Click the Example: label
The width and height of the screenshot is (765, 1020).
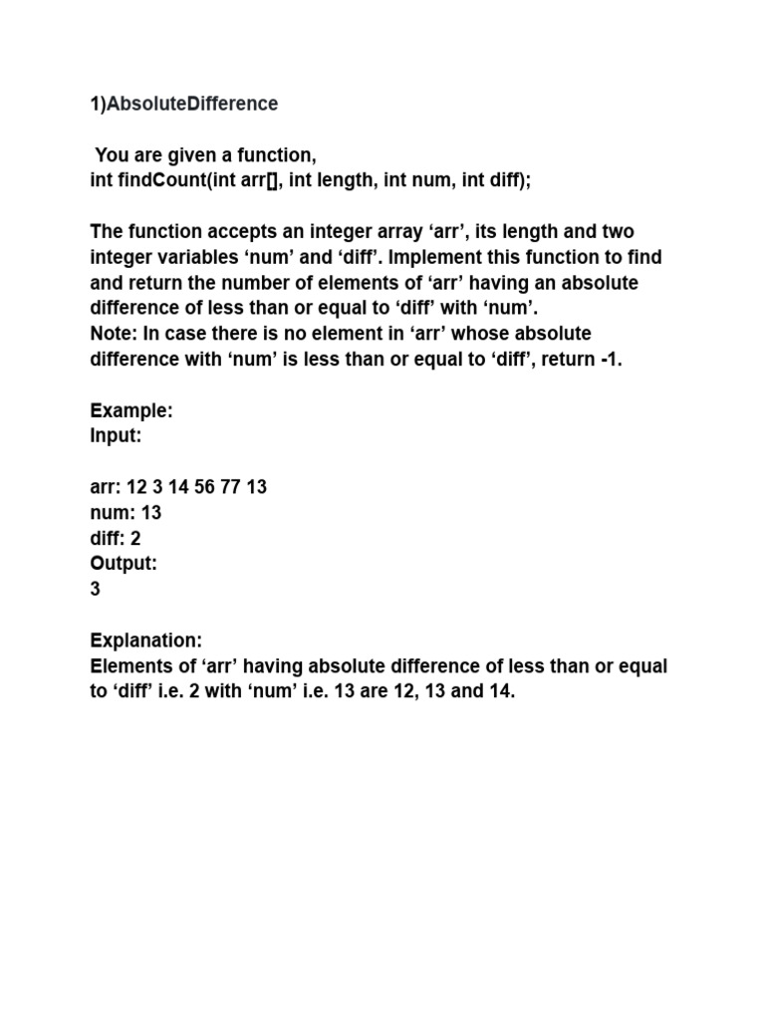(x=132, y=410)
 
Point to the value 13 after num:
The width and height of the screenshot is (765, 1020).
(x=151, y=512)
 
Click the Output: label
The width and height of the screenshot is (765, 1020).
(x=125, y=563)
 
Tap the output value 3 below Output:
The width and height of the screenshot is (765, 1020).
(x=96, y=589)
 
